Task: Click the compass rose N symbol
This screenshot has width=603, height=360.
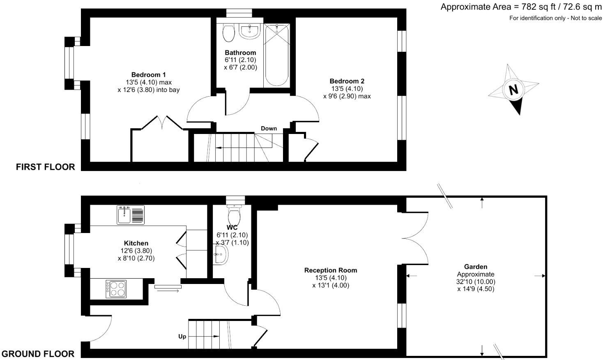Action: pyautogui.click(x=513, y=90)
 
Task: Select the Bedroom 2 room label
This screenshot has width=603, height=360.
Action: pyautogui.click(x=347, y=81)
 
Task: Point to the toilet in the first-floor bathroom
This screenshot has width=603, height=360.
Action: pyautogui.click(x=228, y=33)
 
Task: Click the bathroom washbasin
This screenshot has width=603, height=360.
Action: pyautogui.click(x=249, y=31)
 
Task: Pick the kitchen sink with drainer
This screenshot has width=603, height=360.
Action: pyautogui.click(x=131, y=215)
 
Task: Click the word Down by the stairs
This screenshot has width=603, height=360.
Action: pyautogui.click(x=269, y=129)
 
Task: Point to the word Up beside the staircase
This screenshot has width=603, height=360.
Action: pyautogui.click(x=182, y=337)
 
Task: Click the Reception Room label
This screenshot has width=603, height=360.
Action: pyautogui.click(x=331, y=270)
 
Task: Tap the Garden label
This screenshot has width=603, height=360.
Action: pyautogui.click(x=476, y=267)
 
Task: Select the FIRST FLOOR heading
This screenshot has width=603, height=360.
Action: pyautogui.click(x=45, y=167)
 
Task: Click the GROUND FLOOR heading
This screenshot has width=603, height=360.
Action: pyautogui.click(x=38, y=354)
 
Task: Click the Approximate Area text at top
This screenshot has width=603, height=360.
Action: pyautogui.click(x=521, y=7)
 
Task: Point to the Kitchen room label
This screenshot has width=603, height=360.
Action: pyautogui.click(x=136, y=243)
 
